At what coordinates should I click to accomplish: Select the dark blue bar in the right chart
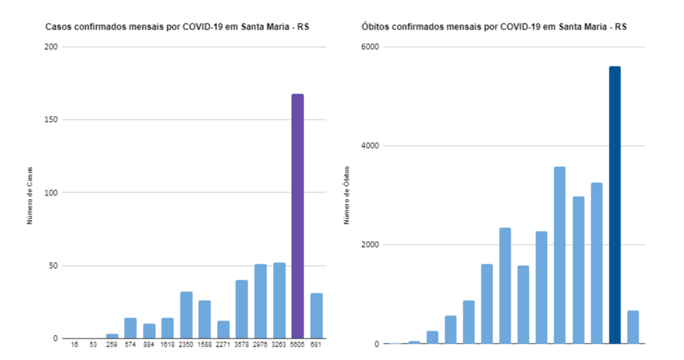click(x=615, y=204)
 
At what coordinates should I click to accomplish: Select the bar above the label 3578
click(x=241, y=309)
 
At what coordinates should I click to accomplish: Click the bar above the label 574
click(x=130, y=328)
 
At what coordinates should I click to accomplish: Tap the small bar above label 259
click(x=112, y=336)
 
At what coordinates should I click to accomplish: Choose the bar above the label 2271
click(x=223, y=329)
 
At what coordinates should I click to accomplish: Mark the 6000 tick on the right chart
click(x=370, y=47)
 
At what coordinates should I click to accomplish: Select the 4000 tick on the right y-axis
click(x=370, y=146)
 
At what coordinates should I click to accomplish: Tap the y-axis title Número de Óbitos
click(x=347, y=194)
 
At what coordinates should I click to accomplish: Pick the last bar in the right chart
click(x=633, y=327)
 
